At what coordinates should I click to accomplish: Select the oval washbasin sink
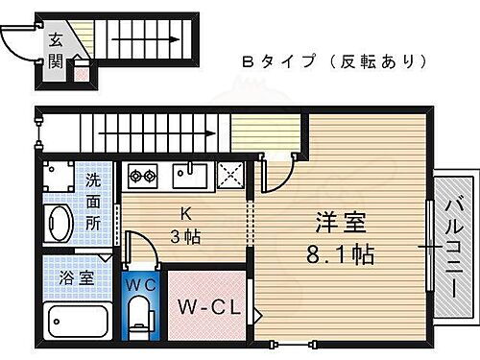point(60,226)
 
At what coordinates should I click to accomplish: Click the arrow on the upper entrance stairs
point(144,40)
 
